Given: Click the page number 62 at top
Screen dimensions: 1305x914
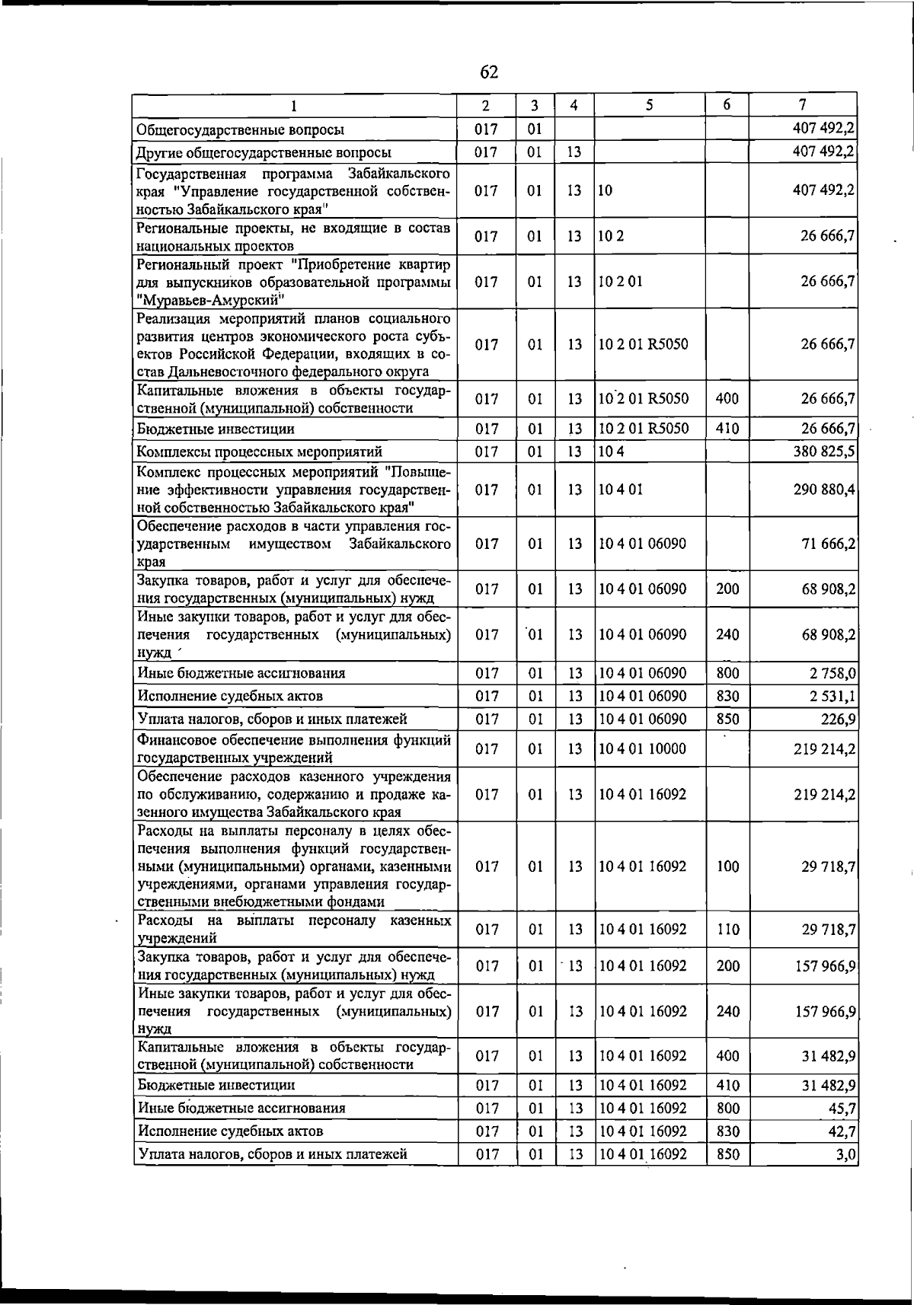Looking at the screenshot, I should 489,72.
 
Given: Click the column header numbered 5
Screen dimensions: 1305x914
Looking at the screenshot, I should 649,106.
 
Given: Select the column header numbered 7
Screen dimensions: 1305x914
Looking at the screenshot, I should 802,105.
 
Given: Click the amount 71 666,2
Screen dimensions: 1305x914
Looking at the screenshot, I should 828,544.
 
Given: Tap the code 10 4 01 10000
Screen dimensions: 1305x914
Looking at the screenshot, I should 642,749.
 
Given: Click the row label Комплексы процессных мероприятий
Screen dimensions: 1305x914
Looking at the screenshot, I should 259,452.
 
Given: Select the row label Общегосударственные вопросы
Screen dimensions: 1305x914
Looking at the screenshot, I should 240,129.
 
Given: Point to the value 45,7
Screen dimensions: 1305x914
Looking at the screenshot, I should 842,1109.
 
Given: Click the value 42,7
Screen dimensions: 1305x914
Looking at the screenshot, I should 842,1131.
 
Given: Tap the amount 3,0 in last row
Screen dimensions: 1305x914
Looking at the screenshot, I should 846,1154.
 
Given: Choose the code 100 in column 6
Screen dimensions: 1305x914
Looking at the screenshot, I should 727,866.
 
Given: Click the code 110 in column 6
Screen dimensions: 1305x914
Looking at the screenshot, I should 727,930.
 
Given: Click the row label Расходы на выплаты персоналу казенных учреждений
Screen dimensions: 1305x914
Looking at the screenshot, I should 293,930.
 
